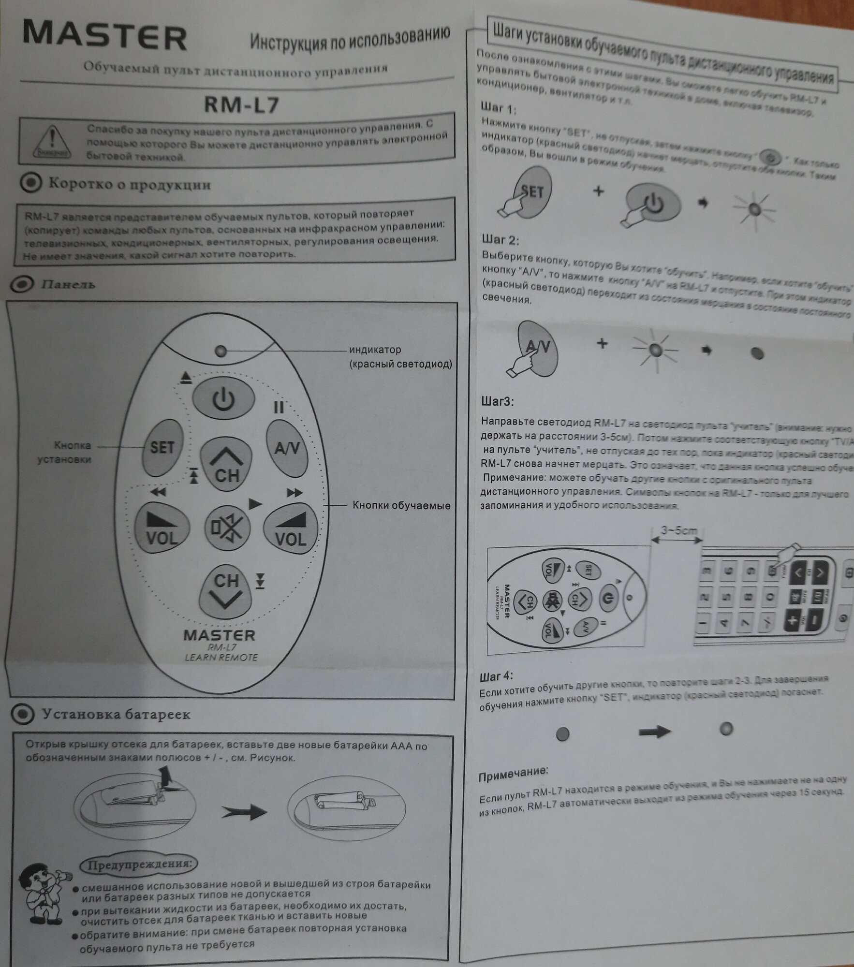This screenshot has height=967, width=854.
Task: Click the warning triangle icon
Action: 52,141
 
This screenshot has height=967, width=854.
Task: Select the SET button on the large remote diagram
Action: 162,447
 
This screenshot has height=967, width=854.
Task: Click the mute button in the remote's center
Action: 227,527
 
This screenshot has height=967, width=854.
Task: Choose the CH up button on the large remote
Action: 226,463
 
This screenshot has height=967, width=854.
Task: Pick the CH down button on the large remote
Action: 226,590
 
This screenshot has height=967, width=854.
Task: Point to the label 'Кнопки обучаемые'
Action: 401,506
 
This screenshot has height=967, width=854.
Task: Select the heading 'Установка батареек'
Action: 116,714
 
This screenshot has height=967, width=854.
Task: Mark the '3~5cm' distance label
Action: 678,530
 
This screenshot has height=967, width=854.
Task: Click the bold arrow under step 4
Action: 655,732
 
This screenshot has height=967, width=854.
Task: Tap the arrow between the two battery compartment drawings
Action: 244,812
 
